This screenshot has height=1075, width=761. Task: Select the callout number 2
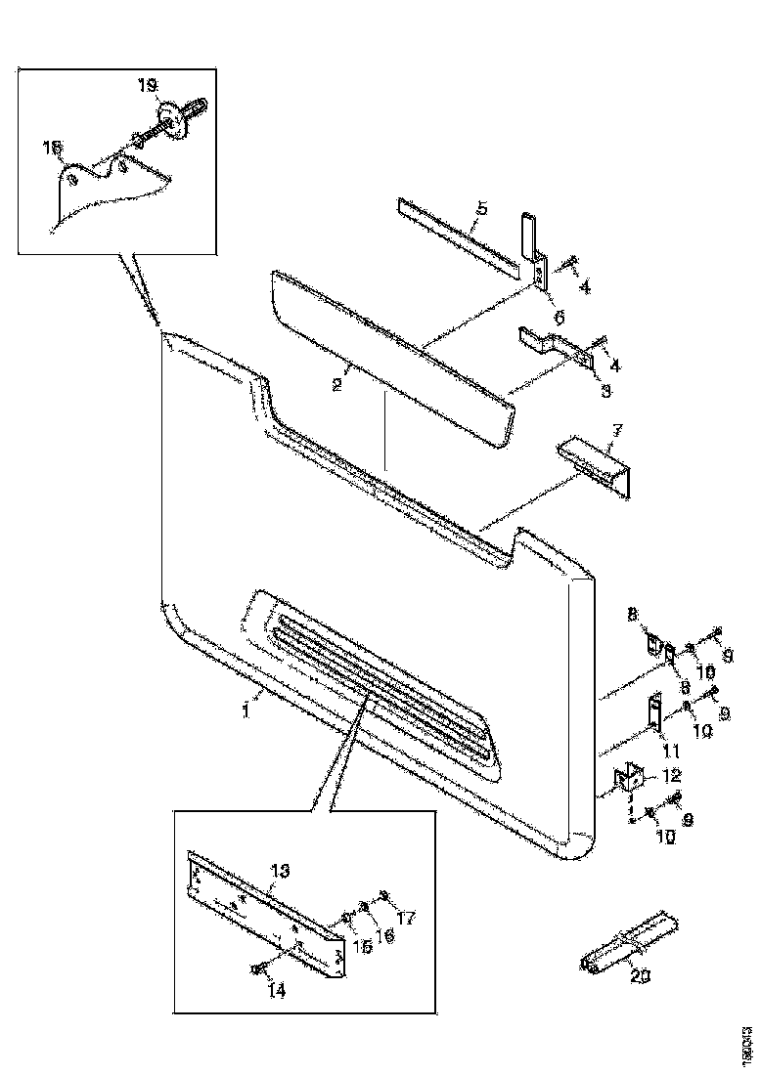[x=336, y=384]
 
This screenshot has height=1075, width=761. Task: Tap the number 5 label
[x=482, y=208]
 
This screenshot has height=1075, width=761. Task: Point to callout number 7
[x=617, y=431]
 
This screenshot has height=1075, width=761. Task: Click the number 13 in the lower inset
[x=279, y=870]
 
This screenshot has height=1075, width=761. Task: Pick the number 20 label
[x=641, y=974]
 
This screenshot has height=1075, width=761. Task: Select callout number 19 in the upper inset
[x=147, y=87]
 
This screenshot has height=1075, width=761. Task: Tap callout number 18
[x=53, y=147]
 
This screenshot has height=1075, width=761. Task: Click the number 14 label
[x=277, y=990]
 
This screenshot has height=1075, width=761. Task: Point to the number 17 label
[x=407, y=918]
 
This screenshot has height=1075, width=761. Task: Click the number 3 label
[x=605, y=391]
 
